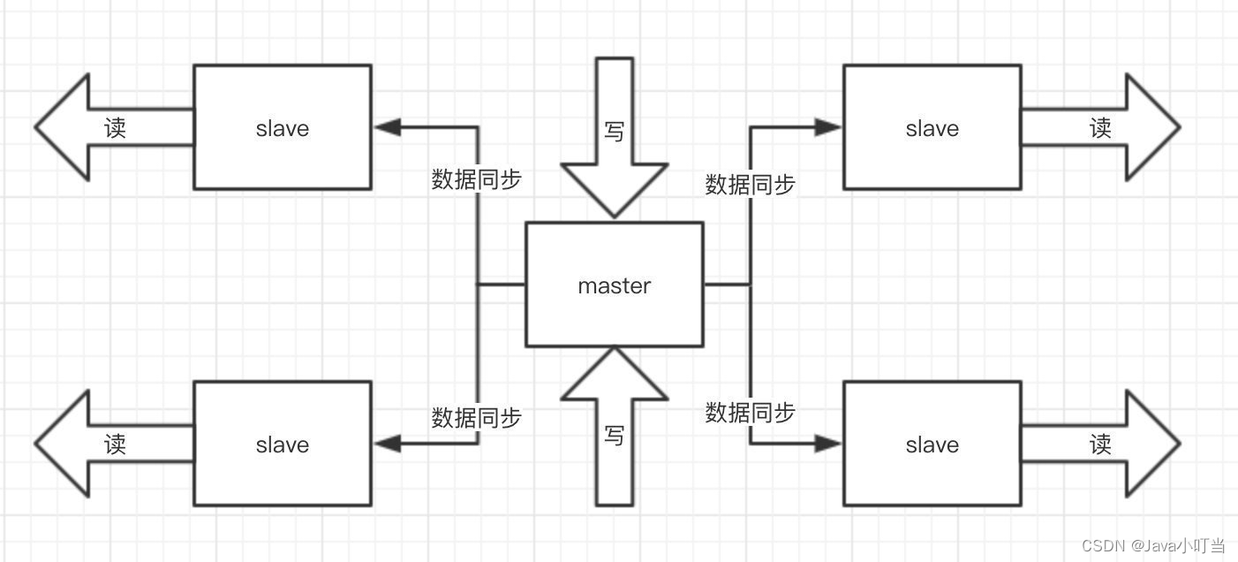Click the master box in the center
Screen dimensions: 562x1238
pos(615,285)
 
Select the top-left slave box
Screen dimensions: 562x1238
pos(283,127)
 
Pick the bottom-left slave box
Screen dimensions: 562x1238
pos(283,444)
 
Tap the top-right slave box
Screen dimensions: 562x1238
pos(932,127)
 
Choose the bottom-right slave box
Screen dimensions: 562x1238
pos(932,444)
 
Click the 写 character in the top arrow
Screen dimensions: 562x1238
pos(615,131)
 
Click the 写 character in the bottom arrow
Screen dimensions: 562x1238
pos(615,435)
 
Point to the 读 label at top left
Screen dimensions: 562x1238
pos(115,128)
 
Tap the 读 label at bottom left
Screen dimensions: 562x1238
pos(115,444)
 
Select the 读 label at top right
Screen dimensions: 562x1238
pos(1100,128)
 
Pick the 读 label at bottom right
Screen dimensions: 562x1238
pos(1100,444)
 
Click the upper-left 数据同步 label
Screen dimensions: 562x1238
pos(476,179)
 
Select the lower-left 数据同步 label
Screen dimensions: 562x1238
pos(476,417)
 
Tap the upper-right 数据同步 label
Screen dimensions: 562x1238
pos(750,184)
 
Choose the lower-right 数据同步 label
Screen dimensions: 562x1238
pos(750,412)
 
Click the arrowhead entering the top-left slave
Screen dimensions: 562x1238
pos(387,127)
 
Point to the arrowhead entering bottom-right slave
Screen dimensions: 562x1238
pos(828,444)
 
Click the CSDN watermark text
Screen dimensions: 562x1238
pos(1153,545)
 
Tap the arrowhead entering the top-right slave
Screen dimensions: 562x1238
pos(828,127)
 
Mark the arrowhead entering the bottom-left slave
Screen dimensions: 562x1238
pos(387,444)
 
